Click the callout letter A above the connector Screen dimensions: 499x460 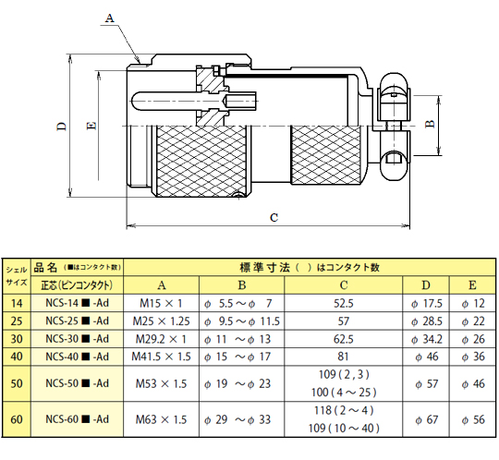[109, 18]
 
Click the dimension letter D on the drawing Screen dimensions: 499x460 [61, 127]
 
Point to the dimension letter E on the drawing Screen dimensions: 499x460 [91, 126]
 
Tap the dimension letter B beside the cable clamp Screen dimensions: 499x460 [430, 124]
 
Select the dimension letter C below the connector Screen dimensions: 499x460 [274, 218]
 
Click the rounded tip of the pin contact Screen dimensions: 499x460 [133, 102]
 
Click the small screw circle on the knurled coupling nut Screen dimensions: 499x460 [238, 195]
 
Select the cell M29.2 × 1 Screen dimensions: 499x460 [161, 339]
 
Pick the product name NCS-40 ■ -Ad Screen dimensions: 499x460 [78, 357]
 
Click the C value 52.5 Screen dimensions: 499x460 [344, 303]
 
